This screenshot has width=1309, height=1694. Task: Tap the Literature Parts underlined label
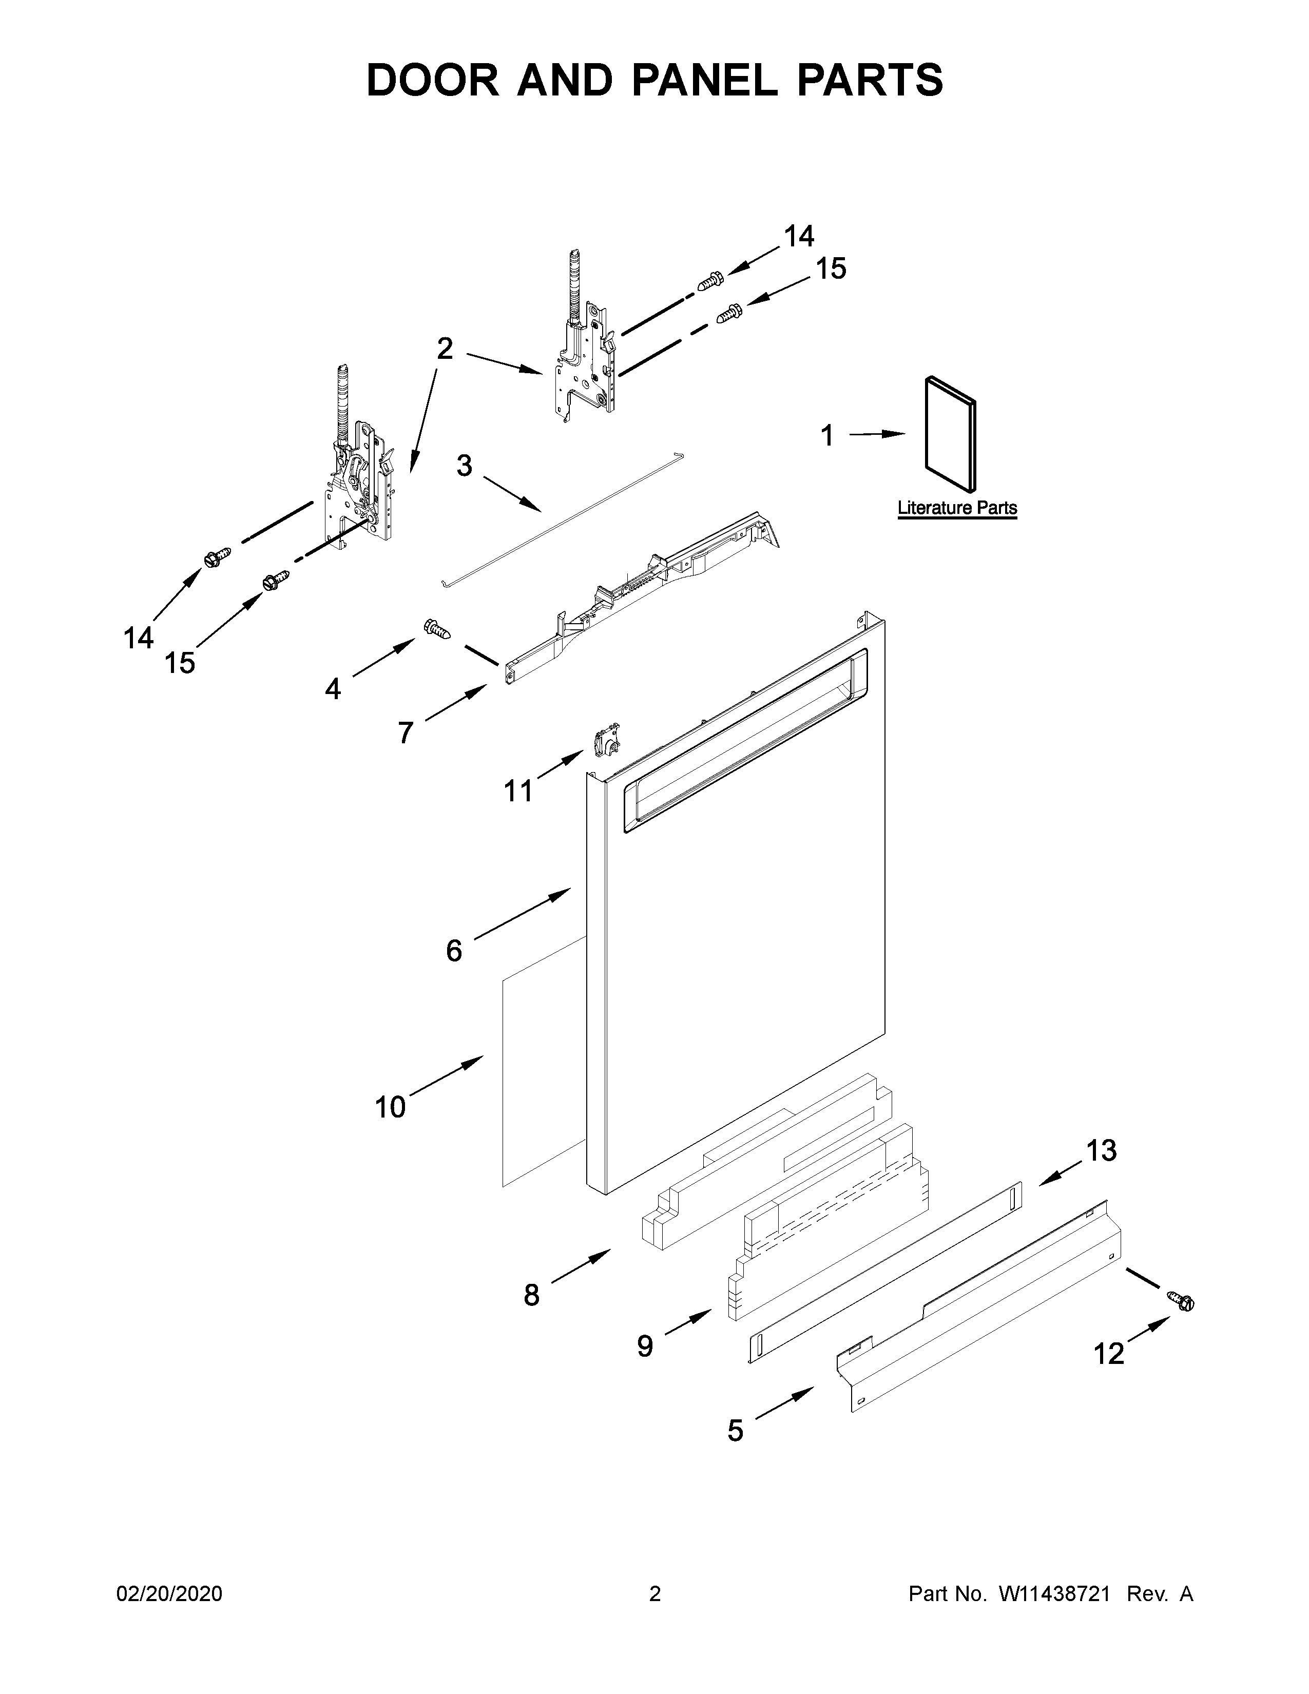tap(957, 508)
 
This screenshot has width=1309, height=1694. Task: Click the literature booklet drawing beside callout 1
tap(950, 434)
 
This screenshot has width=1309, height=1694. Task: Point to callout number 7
tap(405, 732)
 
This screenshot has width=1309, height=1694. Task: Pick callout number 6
tap(454, 950)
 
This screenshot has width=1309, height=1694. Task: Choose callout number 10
tap(390, 1107)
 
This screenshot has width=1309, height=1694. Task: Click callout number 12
tap(1108, 1354)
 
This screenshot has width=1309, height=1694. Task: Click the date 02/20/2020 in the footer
tap(169, 1594)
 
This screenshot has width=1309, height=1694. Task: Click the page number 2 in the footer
tap(654, 1594)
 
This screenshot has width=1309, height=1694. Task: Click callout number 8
tap(531, 1295)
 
